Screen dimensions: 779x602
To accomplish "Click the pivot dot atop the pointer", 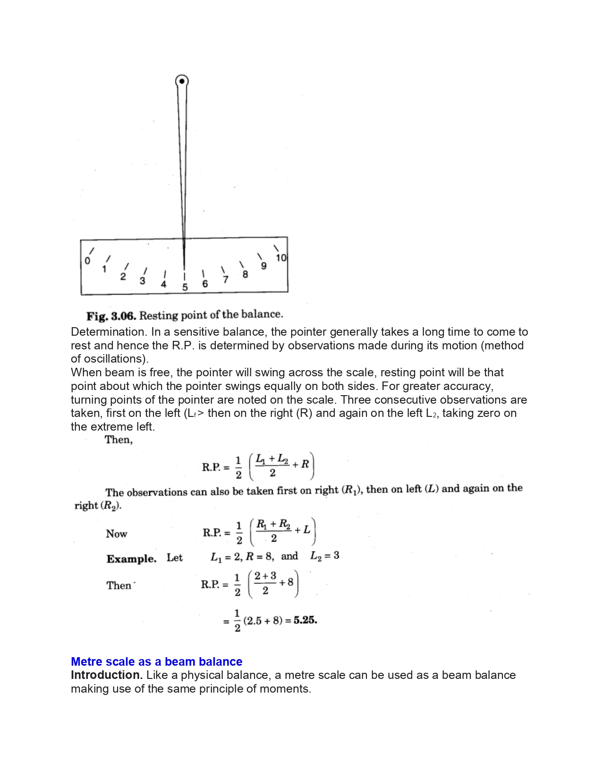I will point(182,81).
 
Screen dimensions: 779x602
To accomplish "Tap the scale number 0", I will point(87,261).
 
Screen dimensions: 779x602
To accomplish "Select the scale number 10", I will point(281,258).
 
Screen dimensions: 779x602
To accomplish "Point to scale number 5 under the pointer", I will point(185,287).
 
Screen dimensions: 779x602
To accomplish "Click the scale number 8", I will point(245,274).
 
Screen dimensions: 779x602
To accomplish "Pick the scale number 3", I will point(142,281).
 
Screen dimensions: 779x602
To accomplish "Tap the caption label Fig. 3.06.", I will point(111,315).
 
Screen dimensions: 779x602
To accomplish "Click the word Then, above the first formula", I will point(119,440).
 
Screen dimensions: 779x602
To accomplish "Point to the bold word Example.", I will point(131,559).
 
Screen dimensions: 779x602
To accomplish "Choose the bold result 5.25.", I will point(305,620).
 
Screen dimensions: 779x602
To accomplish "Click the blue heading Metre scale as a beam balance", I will point(156,661).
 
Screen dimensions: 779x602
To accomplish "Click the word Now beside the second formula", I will point(116,534).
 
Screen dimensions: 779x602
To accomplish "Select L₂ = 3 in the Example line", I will point(325,556).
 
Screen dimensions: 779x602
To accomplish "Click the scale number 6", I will point(205,284).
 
